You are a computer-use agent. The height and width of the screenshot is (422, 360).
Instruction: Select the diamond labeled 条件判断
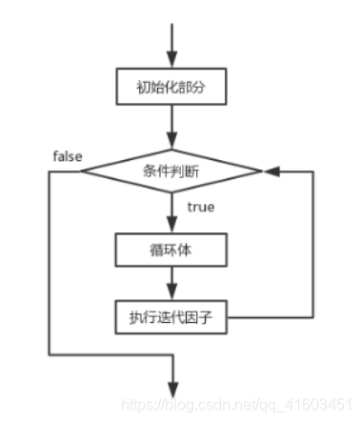point(171,171)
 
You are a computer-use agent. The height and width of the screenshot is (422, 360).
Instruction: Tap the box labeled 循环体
point(171,251)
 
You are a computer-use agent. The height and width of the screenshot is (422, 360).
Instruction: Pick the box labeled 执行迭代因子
point(171,316)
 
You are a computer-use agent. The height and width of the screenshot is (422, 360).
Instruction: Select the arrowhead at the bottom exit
point(171,388)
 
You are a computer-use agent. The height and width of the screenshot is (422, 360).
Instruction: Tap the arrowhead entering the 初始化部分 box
point(171,59)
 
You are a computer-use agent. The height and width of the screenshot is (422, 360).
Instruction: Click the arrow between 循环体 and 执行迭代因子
point(171,283)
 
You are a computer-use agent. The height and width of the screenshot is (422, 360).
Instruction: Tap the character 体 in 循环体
point(189,251)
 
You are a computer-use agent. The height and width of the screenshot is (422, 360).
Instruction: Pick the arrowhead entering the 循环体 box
point(171,229)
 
